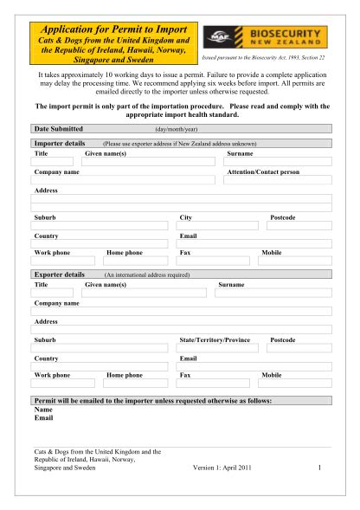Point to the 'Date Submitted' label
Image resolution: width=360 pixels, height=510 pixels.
tap(58, 128)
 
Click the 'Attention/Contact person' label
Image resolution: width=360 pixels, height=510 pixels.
tap(262, 172)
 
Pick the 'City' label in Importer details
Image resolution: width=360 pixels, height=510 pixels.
tap(184, 217)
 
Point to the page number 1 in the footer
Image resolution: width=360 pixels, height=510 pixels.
tap(319, 468)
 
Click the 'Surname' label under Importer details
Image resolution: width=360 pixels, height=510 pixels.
tap(240, 152)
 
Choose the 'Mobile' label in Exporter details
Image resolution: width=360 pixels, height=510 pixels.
tap(272, 376)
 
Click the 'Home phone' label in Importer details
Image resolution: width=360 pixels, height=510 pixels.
tap(124, 252)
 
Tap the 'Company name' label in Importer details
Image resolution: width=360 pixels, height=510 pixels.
tap(56, 172)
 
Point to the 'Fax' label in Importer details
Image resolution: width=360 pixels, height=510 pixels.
tap(184, 252)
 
